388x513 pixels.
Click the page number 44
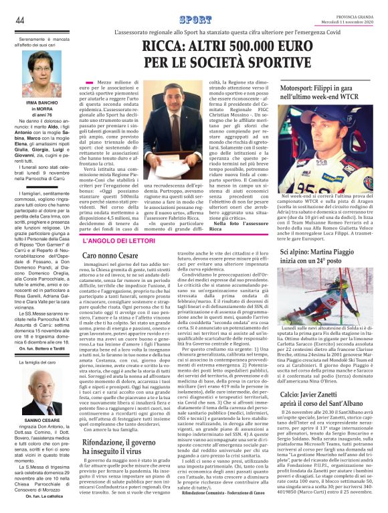[x=20, y=20]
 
